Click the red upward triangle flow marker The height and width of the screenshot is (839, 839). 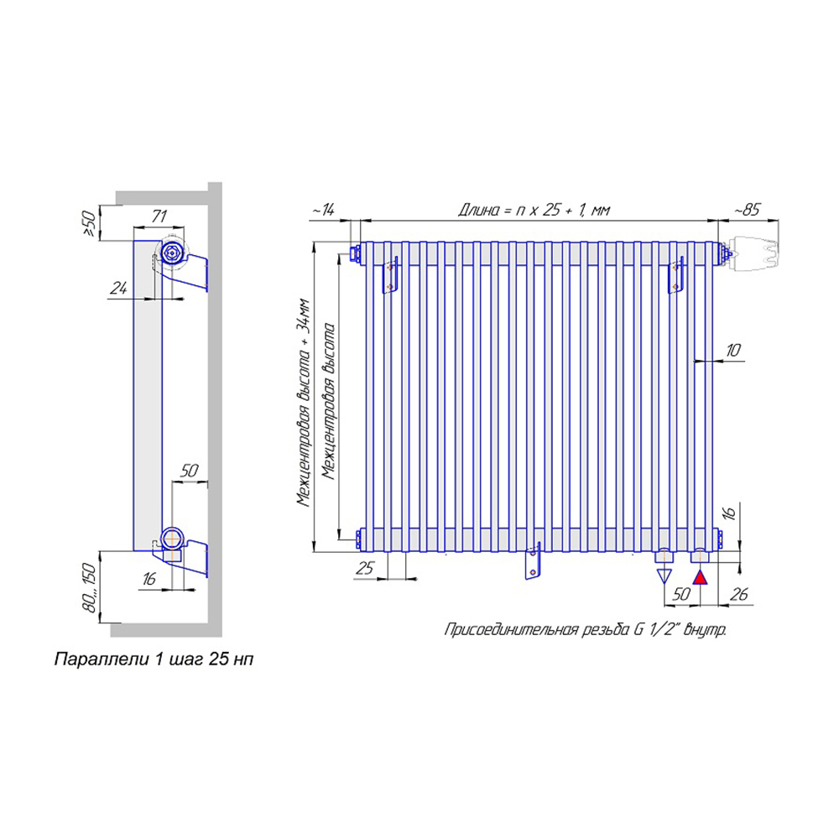pos(700,577)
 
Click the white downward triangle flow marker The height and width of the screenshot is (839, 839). pos(664,576)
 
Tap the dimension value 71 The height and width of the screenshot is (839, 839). pos(159,216)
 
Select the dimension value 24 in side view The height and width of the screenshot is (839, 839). pos(118,289)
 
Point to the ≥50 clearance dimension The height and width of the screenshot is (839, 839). pos(89,224)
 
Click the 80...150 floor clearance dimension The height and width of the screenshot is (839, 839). pos(90,587)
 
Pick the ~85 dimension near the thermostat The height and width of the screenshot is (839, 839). pos(746,210)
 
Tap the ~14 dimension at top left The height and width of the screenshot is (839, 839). pos(323,210)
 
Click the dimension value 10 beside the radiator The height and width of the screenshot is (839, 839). pos(733,351)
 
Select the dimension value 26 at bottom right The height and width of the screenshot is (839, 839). pos(739,594)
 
